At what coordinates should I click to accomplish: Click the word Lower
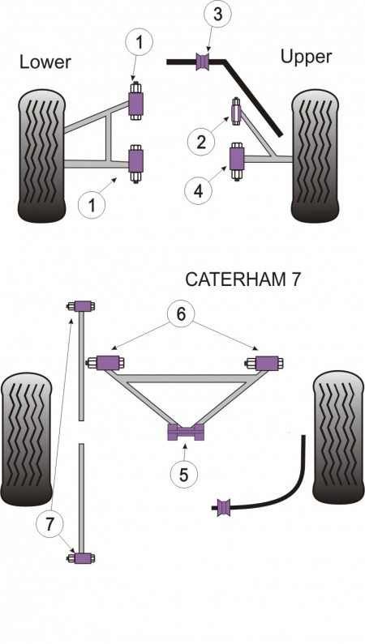45,62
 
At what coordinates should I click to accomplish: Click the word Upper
307,57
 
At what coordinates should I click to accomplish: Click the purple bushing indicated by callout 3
204,61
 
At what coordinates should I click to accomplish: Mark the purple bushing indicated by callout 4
238,156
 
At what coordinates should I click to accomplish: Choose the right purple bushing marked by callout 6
267,362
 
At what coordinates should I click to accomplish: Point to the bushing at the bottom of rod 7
82,558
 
